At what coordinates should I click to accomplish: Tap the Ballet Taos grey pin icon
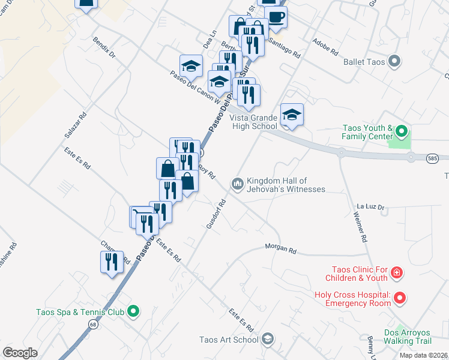coord(394,61)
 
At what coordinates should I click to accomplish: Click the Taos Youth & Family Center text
coord(367,133)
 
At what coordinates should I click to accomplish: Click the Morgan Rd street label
coord(282,249)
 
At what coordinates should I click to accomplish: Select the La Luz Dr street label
coord(370,206)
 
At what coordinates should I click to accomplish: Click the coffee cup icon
coord(276,17)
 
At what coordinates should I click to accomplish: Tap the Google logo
coord(20,353)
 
